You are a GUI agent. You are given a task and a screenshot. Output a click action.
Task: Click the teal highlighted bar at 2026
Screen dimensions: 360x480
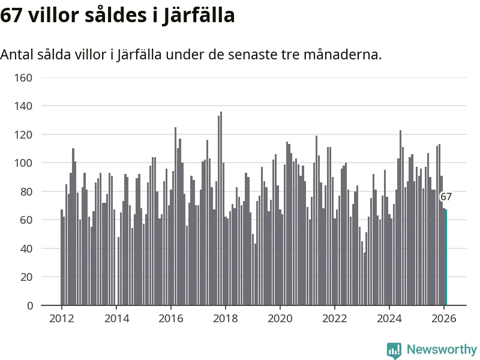point(445,257)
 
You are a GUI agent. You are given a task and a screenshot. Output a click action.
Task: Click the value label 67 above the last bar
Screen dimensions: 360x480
point(446,197)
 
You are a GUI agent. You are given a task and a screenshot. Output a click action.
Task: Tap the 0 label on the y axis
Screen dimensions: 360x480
point(29,306)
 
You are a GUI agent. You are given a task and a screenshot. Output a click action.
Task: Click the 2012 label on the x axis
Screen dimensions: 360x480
point(62,319)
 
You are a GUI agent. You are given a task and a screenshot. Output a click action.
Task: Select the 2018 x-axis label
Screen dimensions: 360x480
point(226,319)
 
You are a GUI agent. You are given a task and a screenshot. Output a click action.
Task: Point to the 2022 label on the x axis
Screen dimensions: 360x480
point(335,319)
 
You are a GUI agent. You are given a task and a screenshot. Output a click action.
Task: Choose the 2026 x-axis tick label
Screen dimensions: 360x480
point(444,319)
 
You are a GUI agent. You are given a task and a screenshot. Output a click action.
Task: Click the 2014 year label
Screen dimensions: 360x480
point(116,319)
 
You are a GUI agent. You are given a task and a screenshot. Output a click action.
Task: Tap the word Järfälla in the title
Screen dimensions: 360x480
point(199,16)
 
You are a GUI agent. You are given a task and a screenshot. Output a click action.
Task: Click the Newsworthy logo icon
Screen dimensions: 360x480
point(394,350)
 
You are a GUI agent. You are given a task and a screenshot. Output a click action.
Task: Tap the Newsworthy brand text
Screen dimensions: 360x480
point(442,349)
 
